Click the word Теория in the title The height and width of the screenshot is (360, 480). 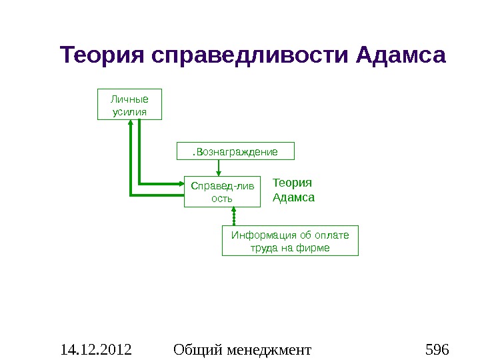point(103,55)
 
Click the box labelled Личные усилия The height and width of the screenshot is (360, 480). point(130,104)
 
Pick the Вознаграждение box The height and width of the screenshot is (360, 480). point(235,151)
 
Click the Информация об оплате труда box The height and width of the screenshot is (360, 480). point(289,241)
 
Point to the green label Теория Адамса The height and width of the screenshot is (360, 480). point(293,190)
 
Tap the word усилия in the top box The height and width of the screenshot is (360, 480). point(130,111)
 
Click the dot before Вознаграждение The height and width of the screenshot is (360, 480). point(193,153)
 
